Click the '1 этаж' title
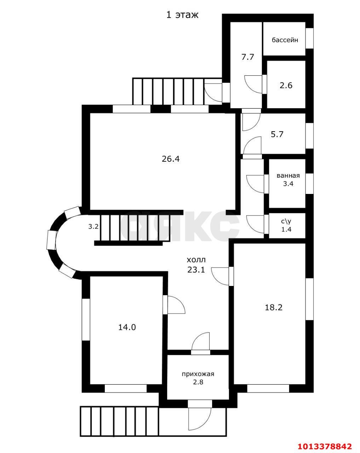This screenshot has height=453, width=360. click(x=182, y=15)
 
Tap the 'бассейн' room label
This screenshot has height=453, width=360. click(x=285, y=40)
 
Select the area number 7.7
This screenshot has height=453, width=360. click(x=248, y=57)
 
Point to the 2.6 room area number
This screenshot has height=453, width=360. click(x=286, y=85)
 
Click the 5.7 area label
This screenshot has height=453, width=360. click(x=277, y=134)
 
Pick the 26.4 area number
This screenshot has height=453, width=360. click(x=171, y=159)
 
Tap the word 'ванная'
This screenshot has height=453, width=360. click(x=288, y=176)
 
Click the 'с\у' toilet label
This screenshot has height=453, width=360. click(x=286, y=222)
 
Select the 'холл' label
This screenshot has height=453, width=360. click(x=196, y=260)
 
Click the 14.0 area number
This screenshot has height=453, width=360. click(x=127, y=327)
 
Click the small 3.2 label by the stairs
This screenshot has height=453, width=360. click(x=93, y=227)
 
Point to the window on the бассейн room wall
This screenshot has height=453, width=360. click(x=309, y=38)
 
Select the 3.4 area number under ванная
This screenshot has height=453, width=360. click(x=288, y=184)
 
